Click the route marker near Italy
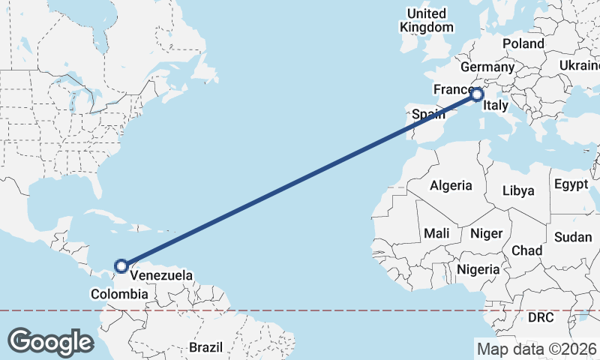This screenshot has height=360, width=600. (477, 94)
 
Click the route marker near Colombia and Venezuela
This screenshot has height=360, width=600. (121, 265)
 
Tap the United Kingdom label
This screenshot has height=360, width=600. (427, 20)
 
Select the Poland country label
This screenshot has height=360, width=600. (523, 44)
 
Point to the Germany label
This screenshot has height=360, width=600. (492, 67)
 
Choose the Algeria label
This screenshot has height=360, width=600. (451, 185)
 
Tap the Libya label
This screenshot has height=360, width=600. (518, 190)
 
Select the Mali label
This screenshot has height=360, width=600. (436, 233)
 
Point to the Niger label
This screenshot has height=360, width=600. (486, 233)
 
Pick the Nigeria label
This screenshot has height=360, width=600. (478, 269)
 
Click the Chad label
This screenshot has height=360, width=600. (526, 250)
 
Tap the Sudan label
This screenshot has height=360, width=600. (573, 237)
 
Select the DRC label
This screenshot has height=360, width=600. (541, 317)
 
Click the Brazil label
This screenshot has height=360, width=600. (205, 348)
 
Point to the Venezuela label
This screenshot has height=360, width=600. (161, 275)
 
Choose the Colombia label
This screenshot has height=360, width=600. (119, 293)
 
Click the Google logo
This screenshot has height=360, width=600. (50, 341)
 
